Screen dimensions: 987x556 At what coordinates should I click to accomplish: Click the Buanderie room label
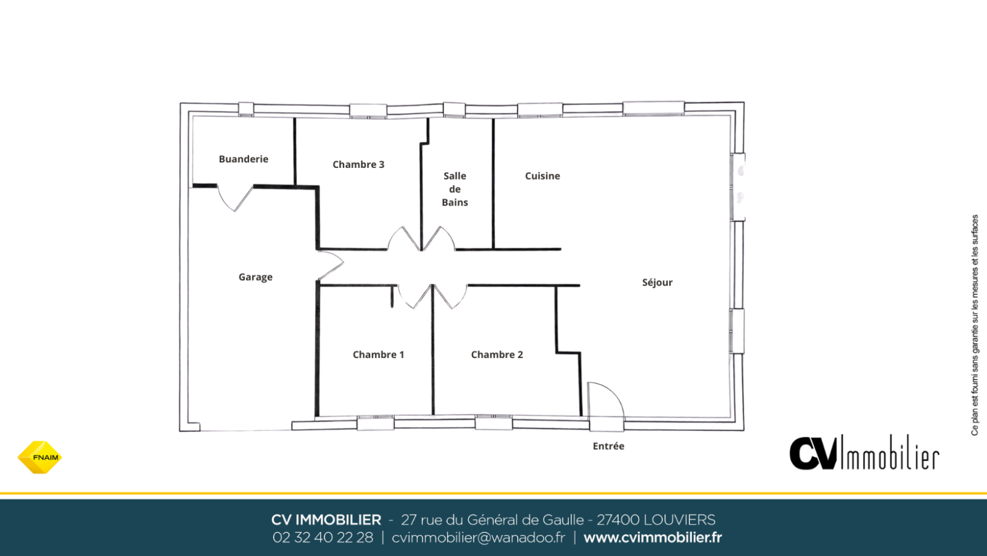click(243, 159)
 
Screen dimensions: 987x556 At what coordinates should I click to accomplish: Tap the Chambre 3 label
click(358, 165)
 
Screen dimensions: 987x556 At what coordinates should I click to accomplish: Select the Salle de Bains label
click(455, 189)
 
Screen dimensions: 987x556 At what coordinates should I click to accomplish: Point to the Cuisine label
click(542, 176)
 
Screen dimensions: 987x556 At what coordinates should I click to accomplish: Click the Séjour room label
click(657, 282)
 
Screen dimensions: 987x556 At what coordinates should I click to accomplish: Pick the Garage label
click(255, 277)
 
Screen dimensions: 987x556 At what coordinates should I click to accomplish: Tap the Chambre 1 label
click(378, 354)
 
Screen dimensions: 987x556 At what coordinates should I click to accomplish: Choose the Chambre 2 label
click(497, 354)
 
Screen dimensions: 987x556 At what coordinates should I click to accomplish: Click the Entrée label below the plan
click(608, 446)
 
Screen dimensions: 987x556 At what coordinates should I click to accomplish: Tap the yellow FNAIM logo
click(39, 457)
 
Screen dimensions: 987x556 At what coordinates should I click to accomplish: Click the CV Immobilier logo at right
click(864, 452)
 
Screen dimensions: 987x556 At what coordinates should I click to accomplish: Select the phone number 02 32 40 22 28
click(323, 537)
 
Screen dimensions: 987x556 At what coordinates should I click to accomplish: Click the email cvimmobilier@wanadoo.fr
click(478, 537)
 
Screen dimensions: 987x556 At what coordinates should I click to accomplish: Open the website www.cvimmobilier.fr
click(653, 537)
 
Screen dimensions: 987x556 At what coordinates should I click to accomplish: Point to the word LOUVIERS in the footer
click(679, 520)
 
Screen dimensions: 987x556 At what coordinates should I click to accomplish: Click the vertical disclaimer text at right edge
click(975, 325)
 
